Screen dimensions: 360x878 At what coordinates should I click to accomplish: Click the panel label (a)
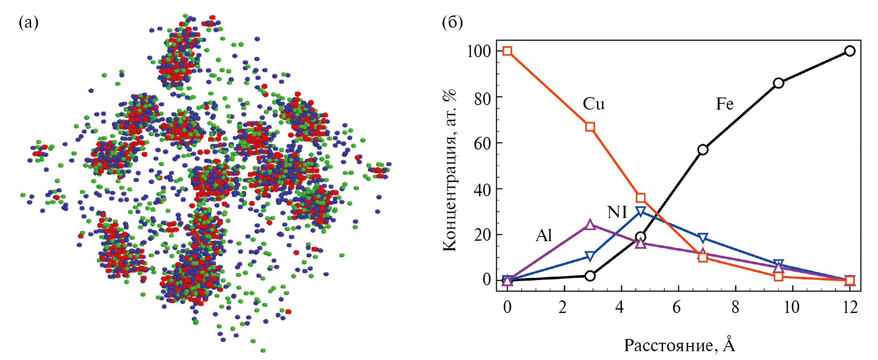click(x=29, y=23)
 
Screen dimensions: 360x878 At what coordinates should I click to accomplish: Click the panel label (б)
click(x=452, y=23)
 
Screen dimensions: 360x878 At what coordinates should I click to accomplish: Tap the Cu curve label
click(x=593, y=104)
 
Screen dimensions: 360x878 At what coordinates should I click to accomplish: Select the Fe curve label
click(x=724, y=104)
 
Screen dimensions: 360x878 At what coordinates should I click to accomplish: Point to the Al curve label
click(x=544, y=236)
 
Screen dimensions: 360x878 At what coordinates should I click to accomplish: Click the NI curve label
click(x=617, y=213)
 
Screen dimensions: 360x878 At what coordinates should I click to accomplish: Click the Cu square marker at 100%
click(x=507, y=51)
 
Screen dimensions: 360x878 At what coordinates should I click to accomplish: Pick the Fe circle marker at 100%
click(x=850, y=51)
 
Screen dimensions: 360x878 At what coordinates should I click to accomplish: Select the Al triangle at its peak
click(x=590, y=225)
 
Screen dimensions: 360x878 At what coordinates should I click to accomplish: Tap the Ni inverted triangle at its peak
click(x=640, y=211)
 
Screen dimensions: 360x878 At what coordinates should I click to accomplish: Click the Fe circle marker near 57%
click(x=703, y=150)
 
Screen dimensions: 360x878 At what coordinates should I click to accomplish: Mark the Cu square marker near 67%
click(x=590, y=127)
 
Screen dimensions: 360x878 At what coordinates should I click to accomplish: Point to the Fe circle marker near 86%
click(x=778, y=83)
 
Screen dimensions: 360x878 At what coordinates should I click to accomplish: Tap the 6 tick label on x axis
click(x=676, y=307)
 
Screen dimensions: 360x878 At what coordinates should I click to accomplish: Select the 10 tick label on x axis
click(x=791, y=307)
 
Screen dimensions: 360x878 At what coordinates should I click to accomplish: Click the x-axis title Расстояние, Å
click(x=679, y=345)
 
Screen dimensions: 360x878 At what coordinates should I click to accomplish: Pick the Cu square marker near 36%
click(x=640, y=198)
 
